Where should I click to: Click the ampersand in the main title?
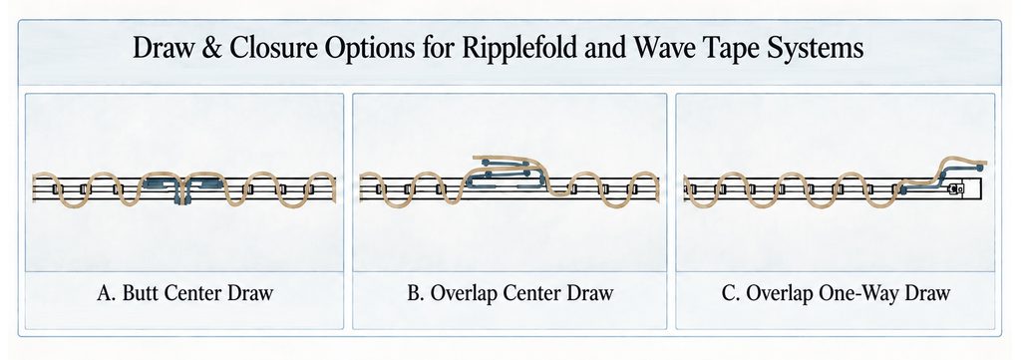215,50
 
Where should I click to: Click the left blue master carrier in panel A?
161,184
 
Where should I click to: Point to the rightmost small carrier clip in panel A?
309,189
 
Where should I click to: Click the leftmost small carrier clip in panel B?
378,189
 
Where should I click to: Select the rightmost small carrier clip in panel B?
631,189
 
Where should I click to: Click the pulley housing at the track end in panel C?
957,188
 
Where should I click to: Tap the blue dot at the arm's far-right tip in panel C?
980,168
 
